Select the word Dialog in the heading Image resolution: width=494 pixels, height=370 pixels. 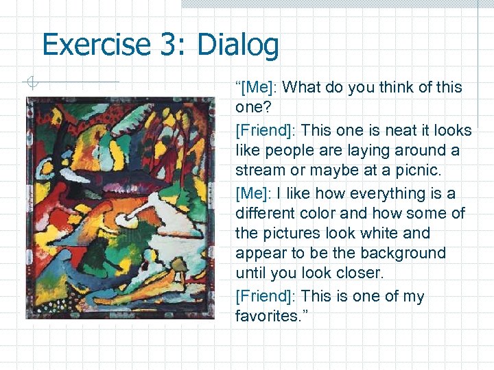238,45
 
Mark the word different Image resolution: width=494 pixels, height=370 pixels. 263,213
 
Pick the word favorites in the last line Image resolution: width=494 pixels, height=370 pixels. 263,316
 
